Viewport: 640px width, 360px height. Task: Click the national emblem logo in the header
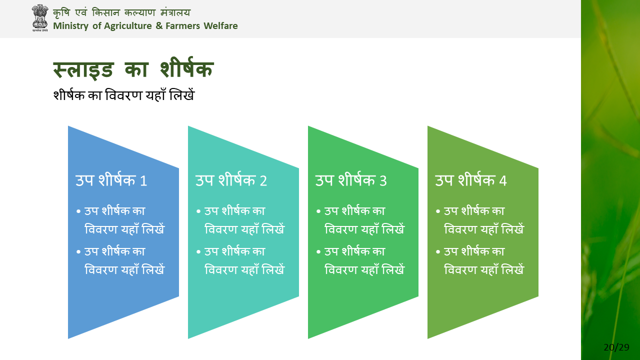tap(40, 17)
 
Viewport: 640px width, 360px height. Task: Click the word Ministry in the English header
tap(70, 26)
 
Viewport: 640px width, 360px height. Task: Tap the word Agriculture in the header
tap(127, 26)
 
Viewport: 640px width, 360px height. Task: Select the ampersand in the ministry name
tap(159, 25)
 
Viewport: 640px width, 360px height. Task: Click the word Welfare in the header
tap(220, 25)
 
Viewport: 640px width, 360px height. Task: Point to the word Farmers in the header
tap(183, 25)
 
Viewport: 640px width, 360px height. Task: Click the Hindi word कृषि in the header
tap(61, 12)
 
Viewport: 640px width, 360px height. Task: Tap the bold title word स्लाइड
tap(83, 69)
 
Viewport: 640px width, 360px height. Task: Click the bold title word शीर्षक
tap(187, 67)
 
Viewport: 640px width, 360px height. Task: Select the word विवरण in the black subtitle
tap(123, 95)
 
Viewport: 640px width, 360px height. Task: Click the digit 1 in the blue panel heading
tap(143, 181)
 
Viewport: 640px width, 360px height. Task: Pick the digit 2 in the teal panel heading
tap(263, 181)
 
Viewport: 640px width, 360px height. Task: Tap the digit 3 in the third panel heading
tap(383, 181)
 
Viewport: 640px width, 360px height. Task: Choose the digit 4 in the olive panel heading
tap(503, 181)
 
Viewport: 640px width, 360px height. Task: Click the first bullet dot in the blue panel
tap(78, 211)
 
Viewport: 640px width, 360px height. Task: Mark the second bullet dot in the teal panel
tap(198, 252)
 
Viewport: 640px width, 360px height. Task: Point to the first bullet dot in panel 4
tap(438, 211)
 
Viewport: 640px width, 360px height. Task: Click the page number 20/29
tap(616, 347)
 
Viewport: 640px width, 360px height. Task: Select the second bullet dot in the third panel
tap(318, 252)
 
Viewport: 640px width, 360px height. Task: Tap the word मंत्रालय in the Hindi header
tap(175, 12)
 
